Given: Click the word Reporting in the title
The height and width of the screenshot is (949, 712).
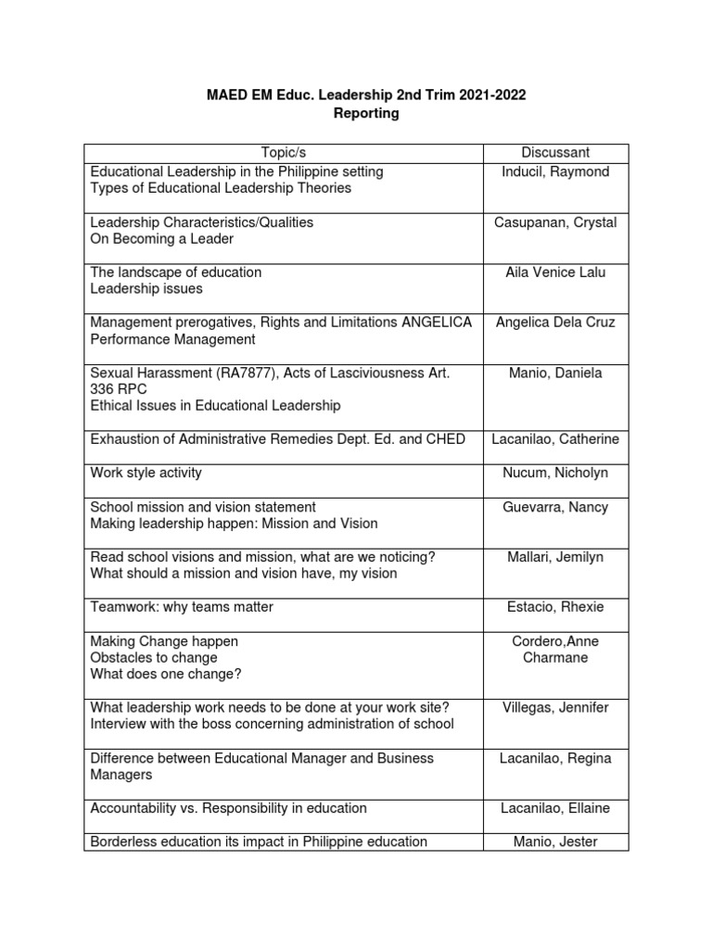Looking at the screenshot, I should [x=356, y=113].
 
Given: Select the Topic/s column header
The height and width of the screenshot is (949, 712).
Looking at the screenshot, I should [x=284, y=153].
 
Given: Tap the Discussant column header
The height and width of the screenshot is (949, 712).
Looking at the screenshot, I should [x=555, y=153].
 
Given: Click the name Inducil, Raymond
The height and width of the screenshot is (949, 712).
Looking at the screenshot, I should [x=555, y=171].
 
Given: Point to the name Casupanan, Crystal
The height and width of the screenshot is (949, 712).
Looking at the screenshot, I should [x=555, y=222].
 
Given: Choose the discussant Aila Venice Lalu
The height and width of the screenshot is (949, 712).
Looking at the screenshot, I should [x=555, y=272].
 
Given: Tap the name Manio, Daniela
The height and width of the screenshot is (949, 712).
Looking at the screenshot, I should [x=555, y=373].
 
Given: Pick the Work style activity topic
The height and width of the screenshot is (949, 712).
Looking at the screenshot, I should [x=146, y=473].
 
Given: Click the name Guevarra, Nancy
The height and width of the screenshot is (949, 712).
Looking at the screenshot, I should [x=555, y=507].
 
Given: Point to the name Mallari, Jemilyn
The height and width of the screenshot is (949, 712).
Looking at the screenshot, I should [x=555, y=557].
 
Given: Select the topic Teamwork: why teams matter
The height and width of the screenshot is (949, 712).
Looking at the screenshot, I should [x=182, y=607].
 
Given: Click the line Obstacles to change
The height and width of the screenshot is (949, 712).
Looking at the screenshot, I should [x=154, y=657].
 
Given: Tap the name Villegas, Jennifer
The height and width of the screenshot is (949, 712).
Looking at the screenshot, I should [x=555, y=707].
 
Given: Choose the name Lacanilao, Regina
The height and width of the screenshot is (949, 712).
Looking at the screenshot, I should [x=555, y=758].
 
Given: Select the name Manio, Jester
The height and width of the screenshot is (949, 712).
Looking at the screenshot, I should [x=555, y=841].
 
